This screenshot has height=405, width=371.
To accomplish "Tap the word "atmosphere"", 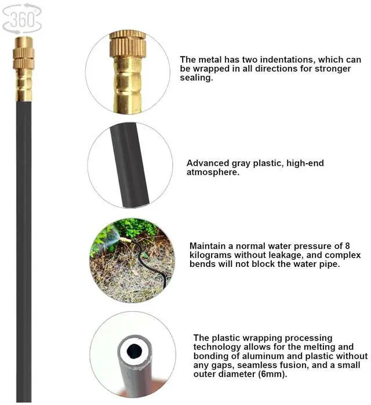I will point(213,173).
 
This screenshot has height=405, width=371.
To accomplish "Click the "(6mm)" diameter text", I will point(272,374).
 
